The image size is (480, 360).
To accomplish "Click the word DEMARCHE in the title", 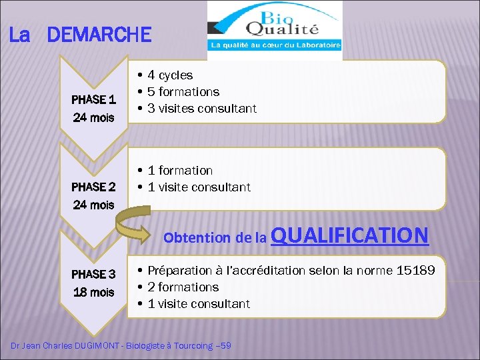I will [100, 35].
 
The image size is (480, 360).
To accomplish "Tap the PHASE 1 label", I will [93, 100].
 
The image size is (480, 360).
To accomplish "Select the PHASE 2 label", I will [93, 187].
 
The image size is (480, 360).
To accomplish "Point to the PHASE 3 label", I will [93, 274].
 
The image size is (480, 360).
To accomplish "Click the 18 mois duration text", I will [93, 292].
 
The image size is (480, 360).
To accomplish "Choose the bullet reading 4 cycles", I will [170, 75].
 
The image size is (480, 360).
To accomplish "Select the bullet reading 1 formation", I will [180, 171].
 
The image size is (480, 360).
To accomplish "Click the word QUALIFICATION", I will [350, 235].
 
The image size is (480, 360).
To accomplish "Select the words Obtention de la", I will [215, 237].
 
